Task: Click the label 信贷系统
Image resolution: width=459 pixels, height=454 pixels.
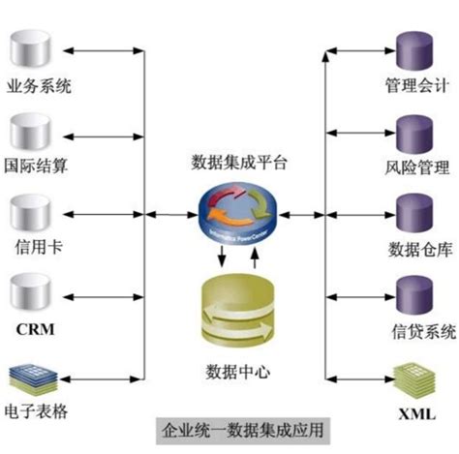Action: (419, 331)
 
